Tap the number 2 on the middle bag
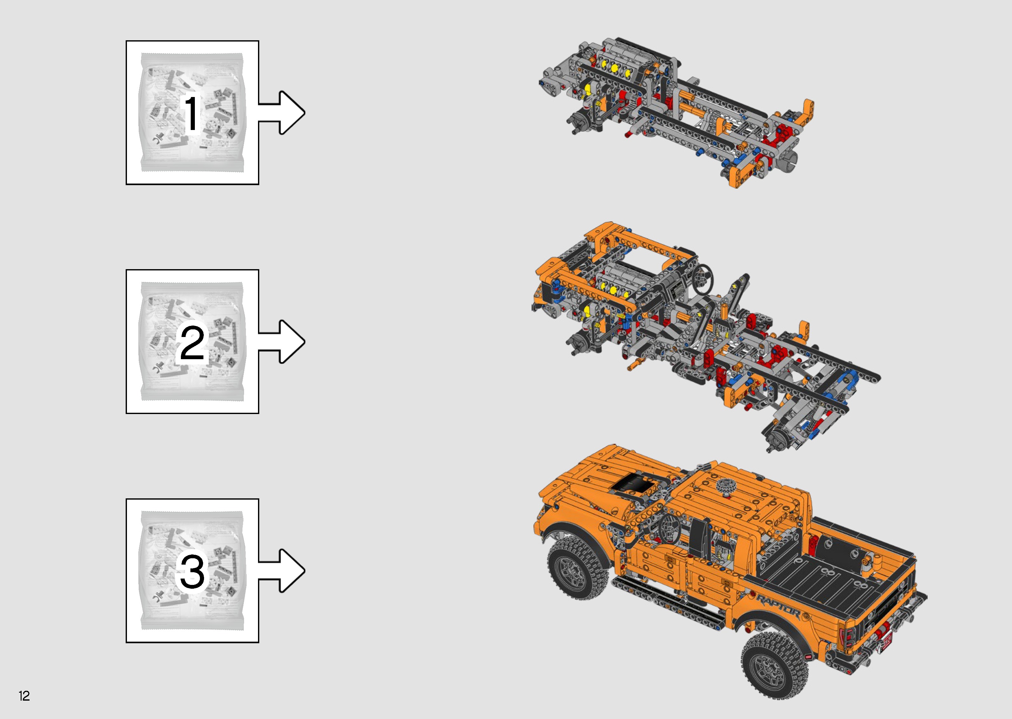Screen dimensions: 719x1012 [x=192, y=343]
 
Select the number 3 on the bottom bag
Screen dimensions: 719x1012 [x=192, y=572]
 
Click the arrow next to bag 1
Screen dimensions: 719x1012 [x=284, y=113]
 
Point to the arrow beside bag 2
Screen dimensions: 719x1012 [x=284, y=341]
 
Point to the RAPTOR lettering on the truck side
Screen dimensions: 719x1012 [x=778, y=607]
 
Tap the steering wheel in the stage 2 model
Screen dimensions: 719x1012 [x=702, y=279]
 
